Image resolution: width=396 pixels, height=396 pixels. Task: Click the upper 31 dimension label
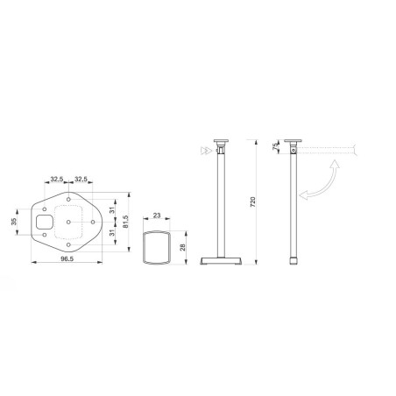(x=112, y=209)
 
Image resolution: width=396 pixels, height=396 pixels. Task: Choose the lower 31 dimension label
(x=112, y=232)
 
